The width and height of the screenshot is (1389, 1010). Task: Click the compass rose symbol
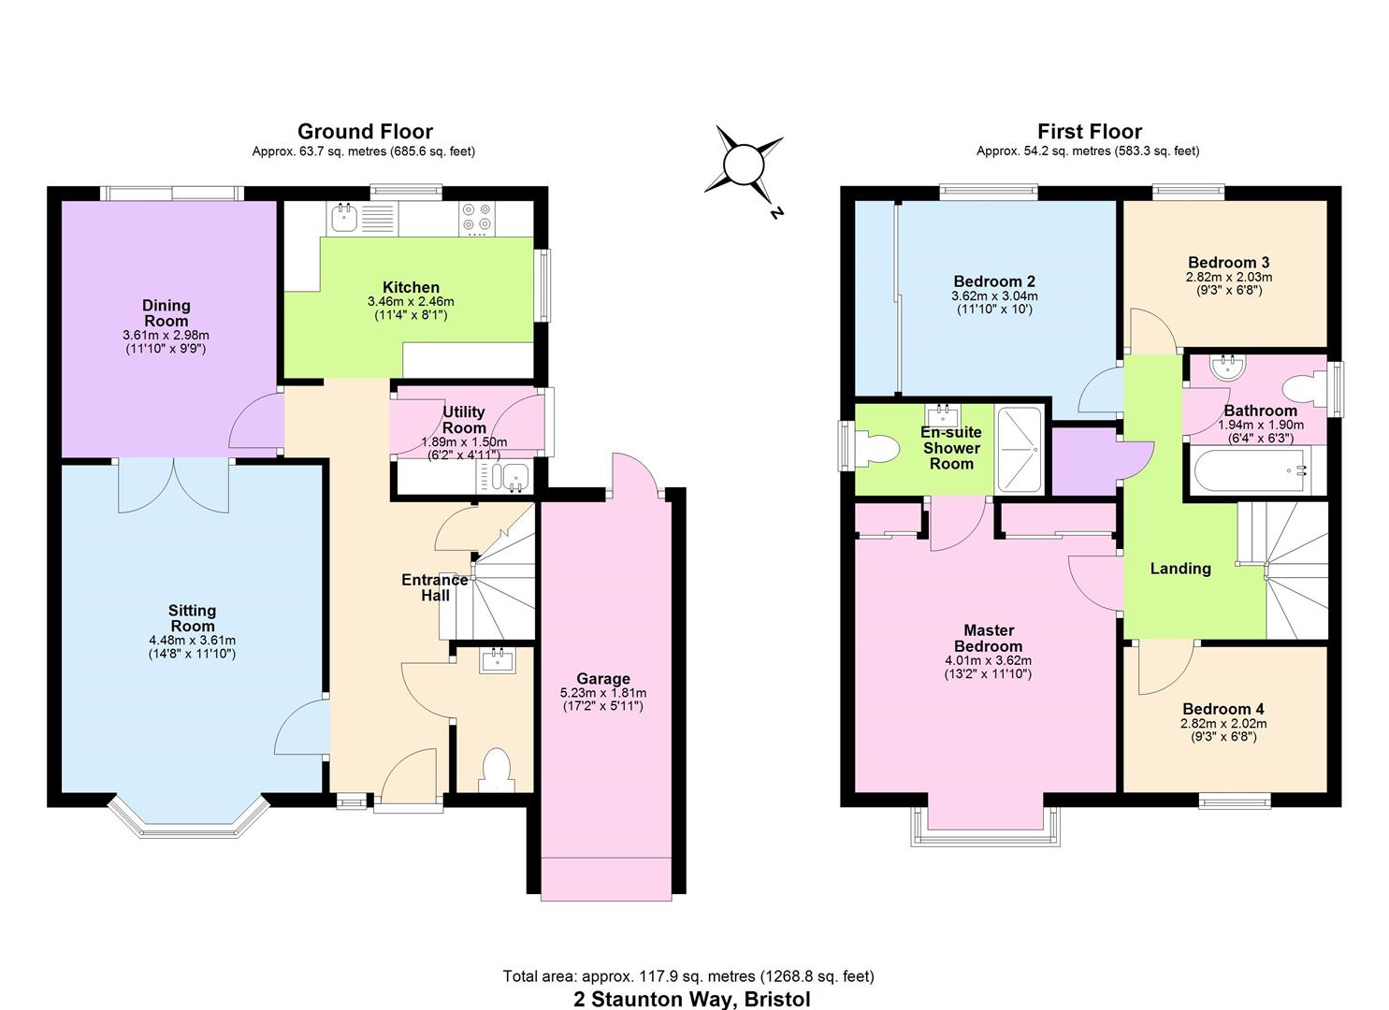745,166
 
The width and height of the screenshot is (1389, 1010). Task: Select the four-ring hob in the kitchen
476,218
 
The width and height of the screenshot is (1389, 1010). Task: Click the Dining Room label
166,312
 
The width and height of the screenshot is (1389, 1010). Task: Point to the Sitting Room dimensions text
192,647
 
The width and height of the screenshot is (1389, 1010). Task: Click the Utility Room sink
514,478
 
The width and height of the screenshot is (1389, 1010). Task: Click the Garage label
602,678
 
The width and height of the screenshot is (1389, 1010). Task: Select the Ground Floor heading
365,131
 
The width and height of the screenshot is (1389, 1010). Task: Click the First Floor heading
1089,131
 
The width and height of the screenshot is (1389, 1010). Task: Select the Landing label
1179,568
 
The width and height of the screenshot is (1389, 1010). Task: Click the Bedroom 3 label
1228,262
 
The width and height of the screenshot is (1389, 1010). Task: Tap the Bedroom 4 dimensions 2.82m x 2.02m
1223,723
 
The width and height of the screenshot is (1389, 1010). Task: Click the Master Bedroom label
988,638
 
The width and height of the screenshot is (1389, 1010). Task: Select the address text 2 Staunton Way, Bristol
691,998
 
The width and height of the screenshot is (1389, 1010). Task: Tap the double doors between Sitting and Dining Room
174,484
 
